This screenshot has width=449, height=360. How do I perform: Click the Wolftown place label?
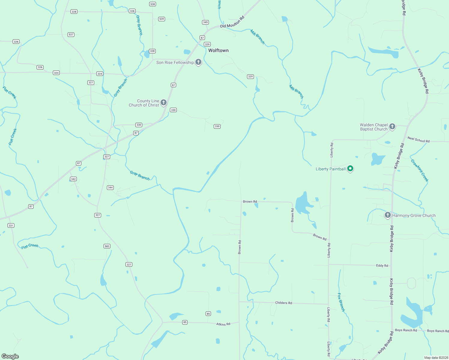tap(218, 50)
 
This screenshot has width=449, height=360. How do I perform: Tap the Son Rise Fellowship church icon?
tap(198, 62)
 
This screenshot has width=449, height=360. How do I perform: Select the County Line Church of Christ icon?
tap(164, 103)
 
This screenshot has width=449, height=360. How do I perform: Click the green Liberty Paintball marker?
tap(350, 169)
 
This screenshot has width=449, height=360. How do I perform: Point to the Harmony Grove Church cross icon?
tap(388, 215)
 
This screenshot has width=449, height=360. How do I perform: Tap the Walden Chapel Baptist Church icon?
tap(392, 127)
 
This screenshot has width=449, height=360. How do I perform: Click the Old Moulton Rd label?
tap(232, 22)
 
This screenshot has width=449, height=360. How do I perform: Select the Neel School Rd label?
tap(418, 139)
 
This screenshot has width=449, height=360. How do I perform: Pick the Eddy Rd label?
tap(382, 265)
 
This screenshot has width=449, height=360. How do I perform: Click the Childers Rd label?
tap(283, 303)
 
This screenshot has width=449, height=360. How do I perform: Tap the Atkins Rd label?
tap(223, 324)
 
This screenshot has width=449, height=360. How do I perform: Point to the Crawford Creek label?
tap(419, 170)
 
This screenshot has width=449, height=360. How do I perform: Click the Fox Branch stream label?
tap(341, 302)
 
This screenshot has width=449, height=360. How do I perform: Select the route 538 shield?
tap(152, 4)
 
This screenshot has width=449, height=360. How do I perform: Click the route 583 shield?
tap(107, 246)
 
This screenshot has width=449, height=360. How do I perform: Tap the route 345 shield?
tap(205, 22)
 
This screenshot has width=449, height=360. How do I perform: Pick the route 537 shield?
tap(71, 34)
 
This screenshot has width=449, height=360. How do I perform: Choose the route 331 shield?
tap(11, 226)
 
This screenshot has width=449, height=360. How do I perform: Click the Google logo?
tap(10, 356)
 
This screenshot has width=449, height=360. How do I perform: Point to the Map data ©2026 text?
tap(435, 358)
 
